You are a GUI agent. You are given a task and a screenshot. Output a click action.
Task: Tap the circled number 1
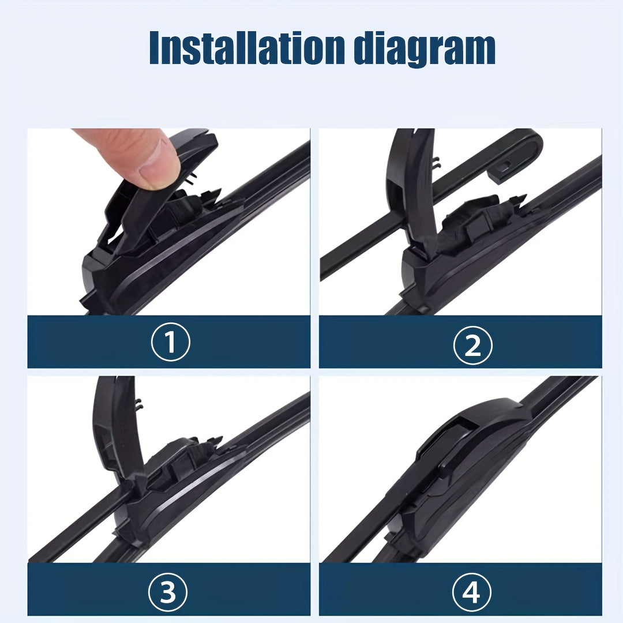point(170,343)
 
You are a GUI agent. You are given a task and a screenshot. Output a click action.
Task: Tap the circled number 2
point(472,345)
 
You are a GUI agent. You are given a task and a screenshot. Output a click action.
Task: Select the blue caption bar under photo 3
point(87,591)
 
